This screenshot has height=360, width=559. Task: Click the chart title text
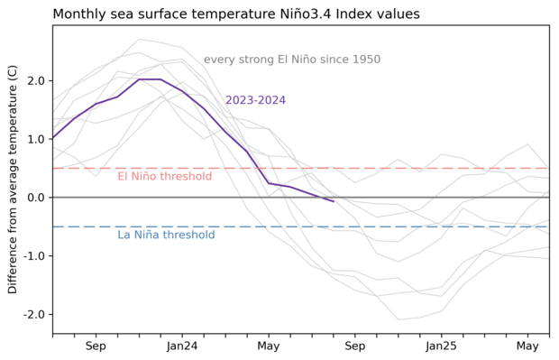pos(249,14)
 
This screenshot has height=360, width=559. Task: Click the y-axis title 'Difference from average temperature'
pos(13,180)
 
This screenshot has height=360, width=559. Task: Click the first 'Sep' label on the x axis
pos(96,346)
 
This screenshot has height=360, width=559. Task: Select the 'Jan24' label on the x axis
pos(182,346)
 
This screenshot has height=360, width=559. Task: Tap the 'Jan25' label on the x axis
pos(442,346)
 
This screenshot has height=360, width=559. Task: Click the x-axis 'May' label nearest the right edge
pos(528,346)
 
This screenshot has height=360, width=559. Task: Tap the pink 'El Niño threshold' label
pos(165,177)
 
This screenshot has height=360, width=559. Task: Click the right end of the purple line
pos(334,201)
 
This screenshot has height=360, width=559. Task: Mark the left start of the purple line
pos(53,138)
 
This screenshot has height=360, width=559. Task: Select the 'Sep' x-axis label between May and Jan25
pos(355,346)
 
